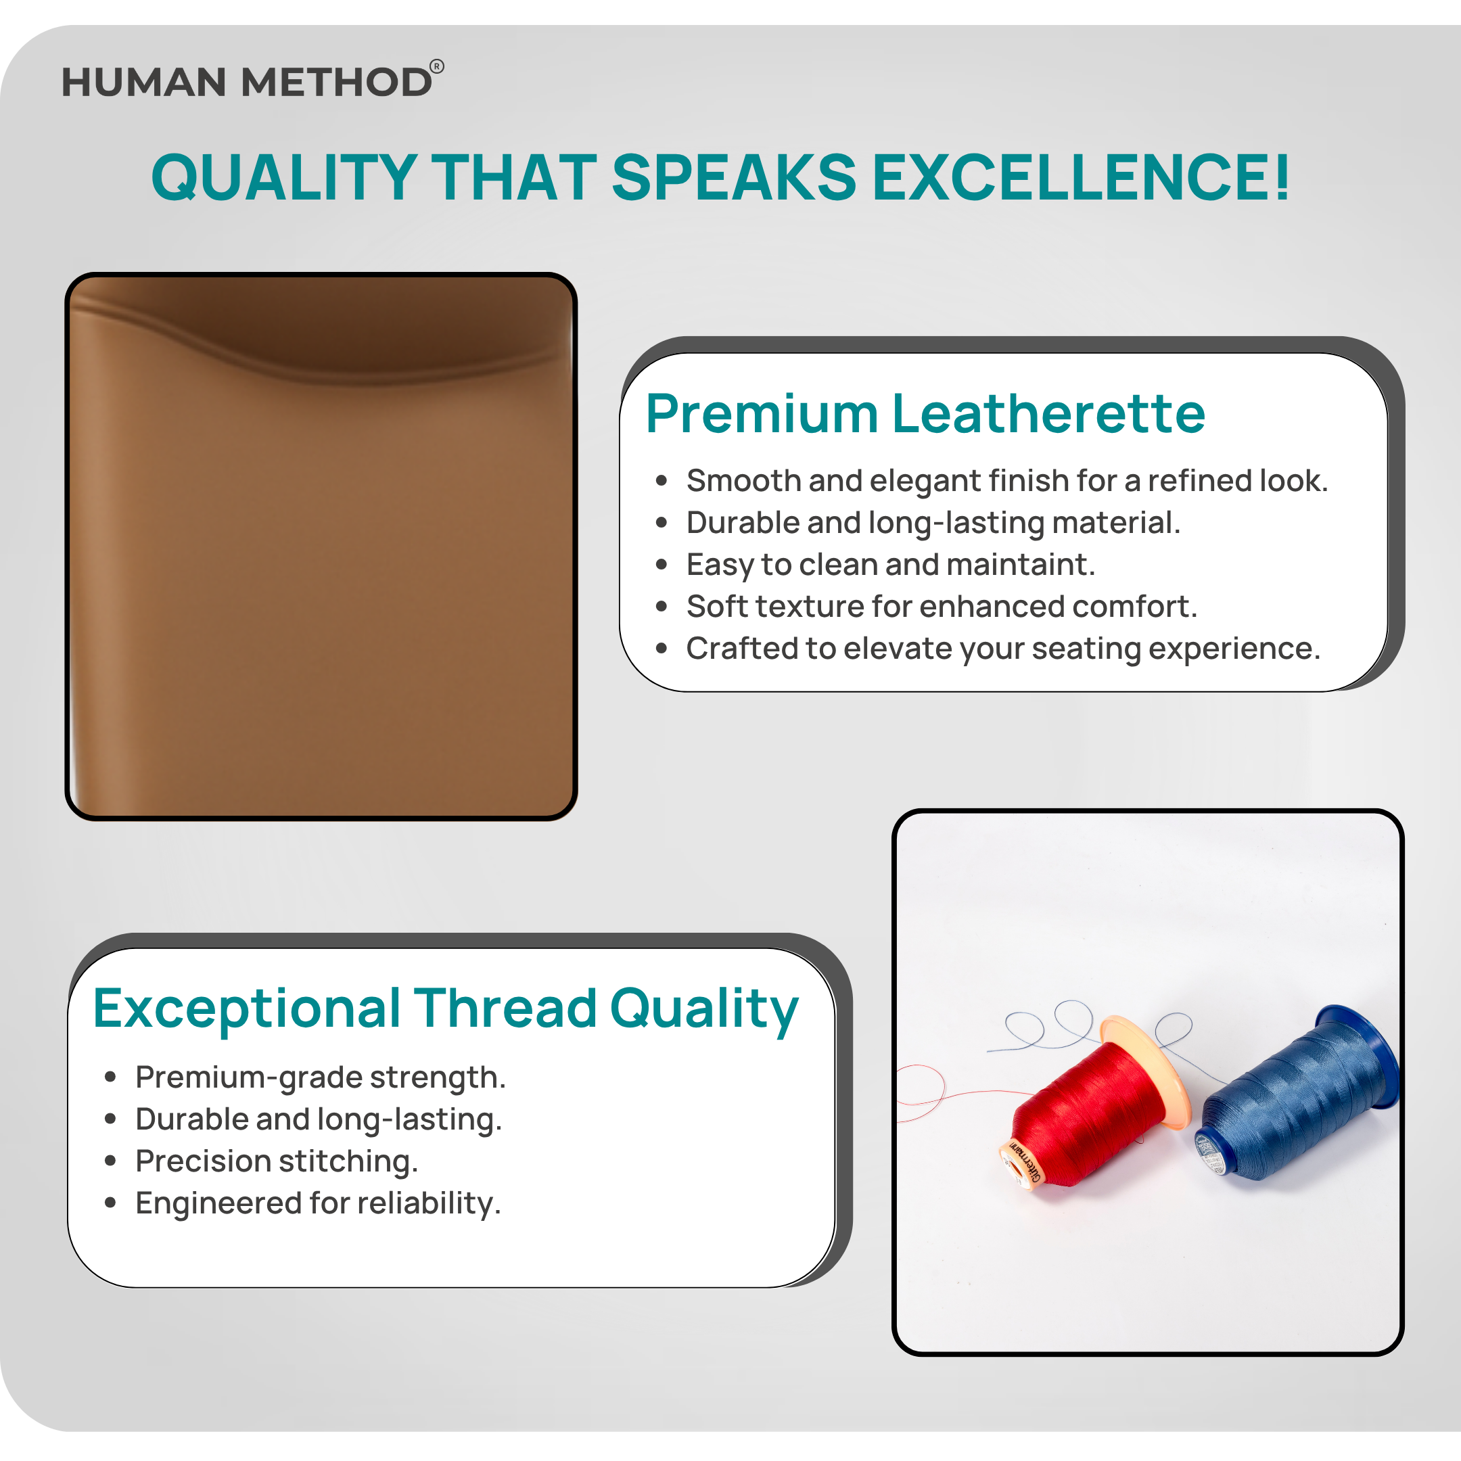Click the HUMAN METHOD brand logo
click(x=252, y=80)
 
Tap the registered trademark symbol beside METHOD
click(x=437, y=66)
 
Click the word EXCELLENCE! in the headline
click(x=1082, y=178)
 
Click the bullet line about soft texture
click(x=942, y=607)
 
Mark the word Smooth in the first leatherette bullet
click(x=743, y=481)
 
